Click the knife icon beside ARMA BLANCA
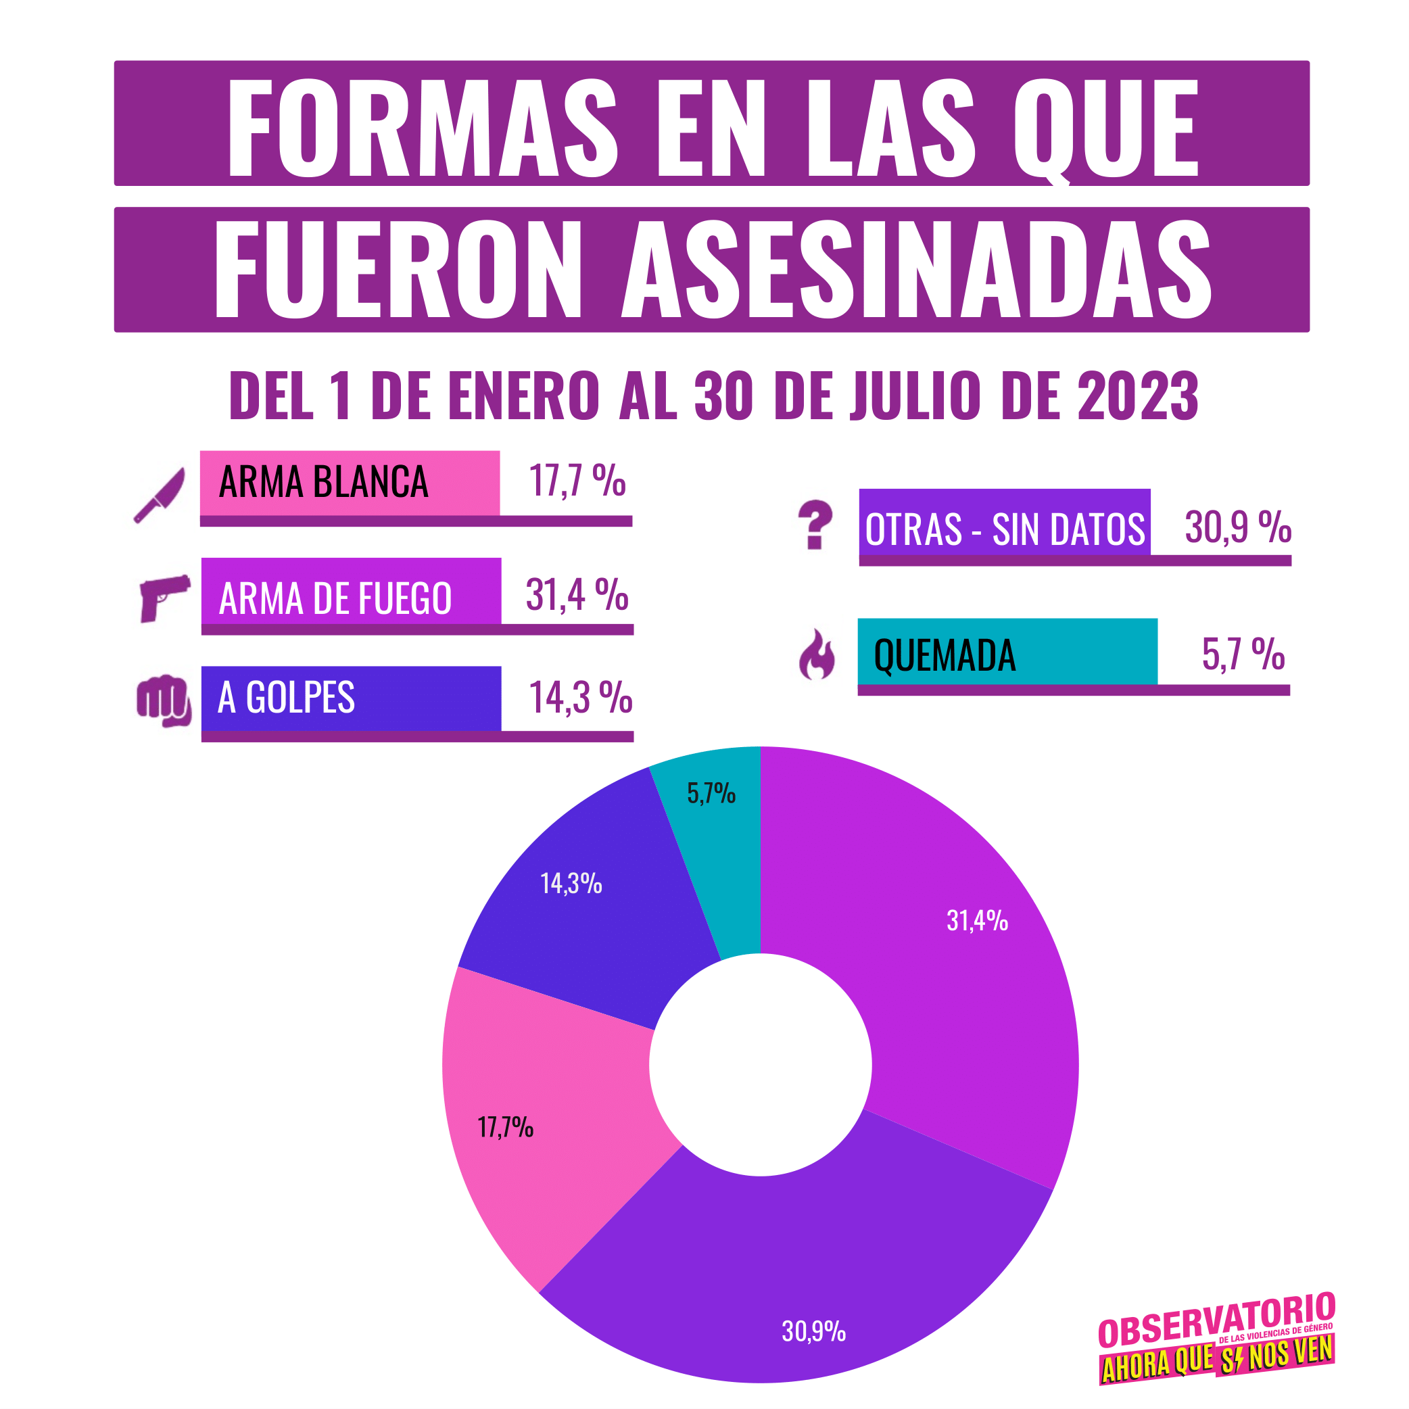(160, 495)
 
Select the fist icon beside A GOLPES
(164, 700)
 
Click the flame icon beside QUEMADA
(817, 655)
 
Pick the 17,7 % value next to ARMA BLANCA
(577, 481)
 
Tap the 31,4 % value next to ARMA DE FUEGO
(577, 594)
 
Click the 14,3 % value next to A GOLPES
(580, 697)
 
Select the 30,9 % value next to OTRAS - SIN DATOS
(1238, 527)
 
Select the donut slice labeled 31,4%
(948, 963)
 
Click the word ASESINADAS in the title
(916, 270)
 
